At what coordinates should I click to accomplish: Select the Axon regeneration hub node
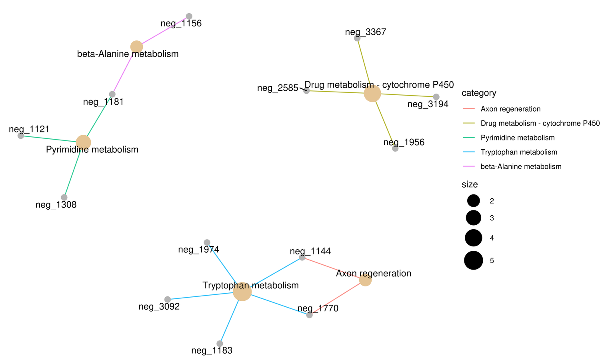click(365, 280)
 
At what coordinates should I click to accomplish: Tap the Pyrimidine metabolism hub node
click(83, 142)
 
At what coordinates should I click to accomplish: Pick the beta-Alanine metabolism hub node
click(136, 47)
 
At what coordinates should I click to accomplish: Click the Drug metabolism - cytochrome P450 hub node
click(372, 94)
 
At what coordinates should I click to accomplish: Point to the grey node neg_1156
click(189, 16)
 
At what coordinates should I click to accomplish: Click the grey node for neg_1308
click(64, 197)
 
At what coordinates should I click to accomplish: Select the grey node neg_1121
click(21, 136)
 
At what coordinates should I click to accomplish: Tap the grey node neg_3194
click(436, 97)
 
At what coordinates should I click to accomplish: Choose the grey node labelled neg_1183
click(220, 344)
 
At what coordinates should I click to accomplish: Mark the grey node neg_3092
click(168, 300)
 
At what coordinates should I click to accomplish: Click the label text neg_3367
click(365, 32)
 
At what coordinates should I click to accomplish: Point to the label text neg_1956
click(404, 142)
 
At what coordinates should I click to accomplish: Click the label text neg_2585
click(278, 88)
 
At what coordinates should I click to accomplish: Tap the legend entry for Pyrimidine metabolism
click(517, 138)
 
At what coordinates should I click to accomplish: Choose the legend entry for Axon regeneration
click(510, 109)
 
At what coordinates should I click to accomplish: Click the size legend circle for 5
click(474, 260)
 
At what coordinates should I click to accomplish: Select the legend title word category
click(479, 93)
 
